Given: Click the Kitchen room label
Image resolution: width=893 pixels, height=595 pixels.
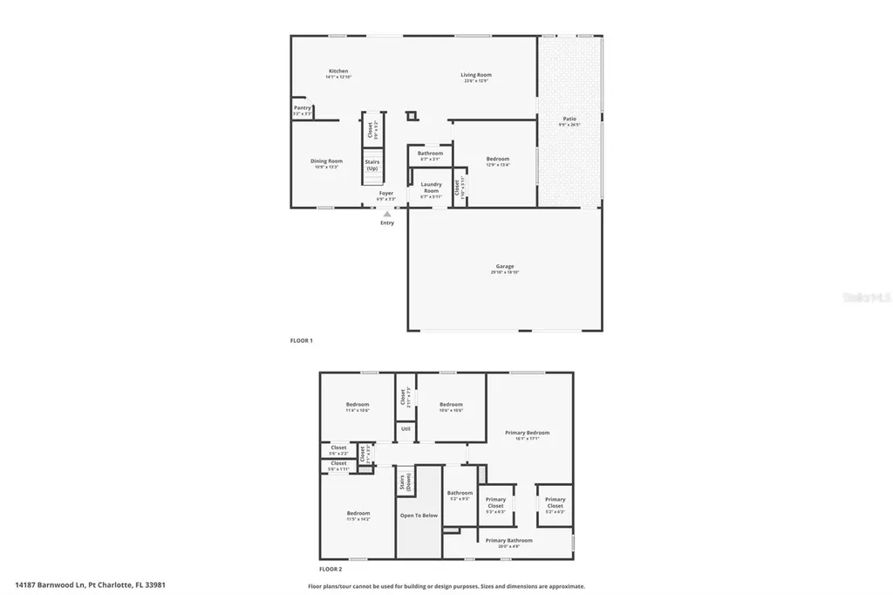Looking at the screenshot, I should click(338, 72).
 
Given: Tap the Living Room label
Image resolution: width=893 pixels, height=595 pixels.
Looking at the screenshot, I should click(476, 75).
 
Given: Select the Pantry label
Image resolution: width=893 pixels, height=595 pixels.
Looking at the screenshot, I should click(302, 108).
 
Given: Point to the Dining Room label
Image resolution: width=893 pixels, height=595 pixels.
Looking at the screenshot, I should click(327, 161).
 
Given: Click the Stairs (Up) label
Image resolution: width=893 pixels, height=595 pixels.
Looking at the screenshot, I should click(372, 165).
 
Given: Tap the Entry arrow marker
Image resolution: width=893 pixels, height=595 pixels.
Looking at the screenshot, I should click(387, 213).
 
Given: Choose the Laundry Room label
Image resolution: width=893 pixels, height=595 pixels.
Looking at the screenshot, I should click(431, 188).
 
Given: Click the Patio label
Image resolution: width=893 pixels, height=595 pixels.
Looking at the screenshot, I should click(569, 119).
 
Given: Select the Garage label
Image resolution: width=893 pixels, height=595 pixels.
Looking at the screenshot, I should click(505, 267).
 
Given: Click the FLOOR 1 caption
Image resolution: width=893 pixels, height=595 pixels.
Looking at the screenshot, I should click(301, 339).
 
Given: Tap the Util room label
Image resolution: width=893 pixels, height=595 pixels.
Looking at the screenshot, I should click(406, 429).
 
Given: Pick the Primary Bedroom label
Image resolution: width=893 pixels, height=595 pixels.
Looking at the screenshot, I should click(528, 433).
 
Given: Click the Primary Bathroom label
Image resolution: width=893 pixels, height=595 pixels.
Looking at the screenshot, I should click(508, 541).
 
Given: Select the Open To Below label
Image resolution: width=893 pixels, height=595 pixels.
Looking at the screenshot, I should click(419, 516).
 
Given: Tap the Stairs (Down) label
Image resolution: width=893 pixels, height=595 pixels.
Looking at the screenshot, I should click(404, 483).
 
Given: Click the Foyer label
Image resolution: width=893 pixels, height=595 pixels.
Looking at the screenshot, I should click(385, 194).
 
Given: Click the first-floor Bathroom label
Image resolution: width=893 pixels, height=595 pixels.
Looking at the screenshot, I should click(430, 154).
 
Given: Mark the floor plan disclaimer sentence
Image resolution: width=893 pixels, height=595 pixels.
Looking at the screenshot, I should click(446, 586).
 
